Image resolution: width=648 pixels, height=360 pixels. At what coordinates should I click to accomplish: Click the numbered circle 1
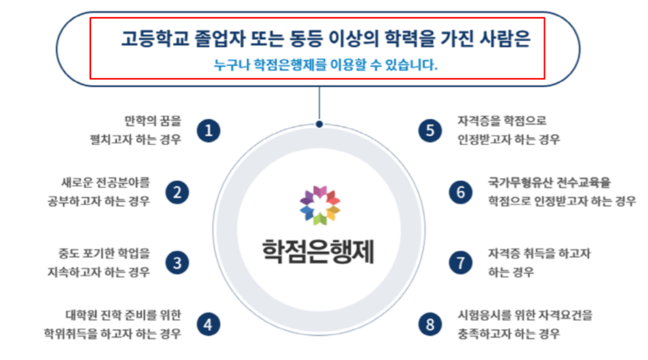point(208,130)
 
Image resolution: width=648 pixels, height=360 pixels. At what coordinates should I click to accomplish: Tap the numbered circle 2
point(178,192)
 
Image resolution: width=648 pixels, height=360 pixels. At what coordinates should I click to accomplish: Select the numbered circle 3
point(178,262)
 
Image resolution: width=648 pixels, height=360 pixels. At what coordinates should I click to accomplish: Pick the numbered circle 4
point(208,324)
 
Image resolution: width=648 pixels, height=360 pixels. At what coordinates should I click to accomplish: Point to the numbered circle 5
point(430,130)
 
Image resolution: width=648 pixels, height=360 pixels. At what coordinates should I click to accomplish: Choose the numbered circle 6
point(461,192)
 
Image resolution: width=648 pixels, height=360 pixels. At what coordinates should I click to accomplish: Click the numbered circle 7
point(461,262)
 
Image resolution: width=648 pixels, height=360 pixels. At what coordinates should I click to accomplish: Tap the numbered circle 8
point(430,324)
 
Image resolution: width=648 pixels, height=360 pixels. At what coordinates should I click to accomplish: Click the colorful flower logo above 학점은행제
point(320,205)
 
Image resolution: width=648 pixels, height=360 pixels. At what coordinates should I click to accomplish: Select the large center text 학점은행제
point(318,251)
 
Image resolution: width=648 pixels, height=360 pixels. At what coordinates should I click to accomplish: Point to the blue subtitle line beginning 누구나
point(325,65)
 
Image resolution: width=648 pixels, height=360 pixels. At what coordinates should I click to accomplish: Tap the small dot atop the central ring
point(319,124)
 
